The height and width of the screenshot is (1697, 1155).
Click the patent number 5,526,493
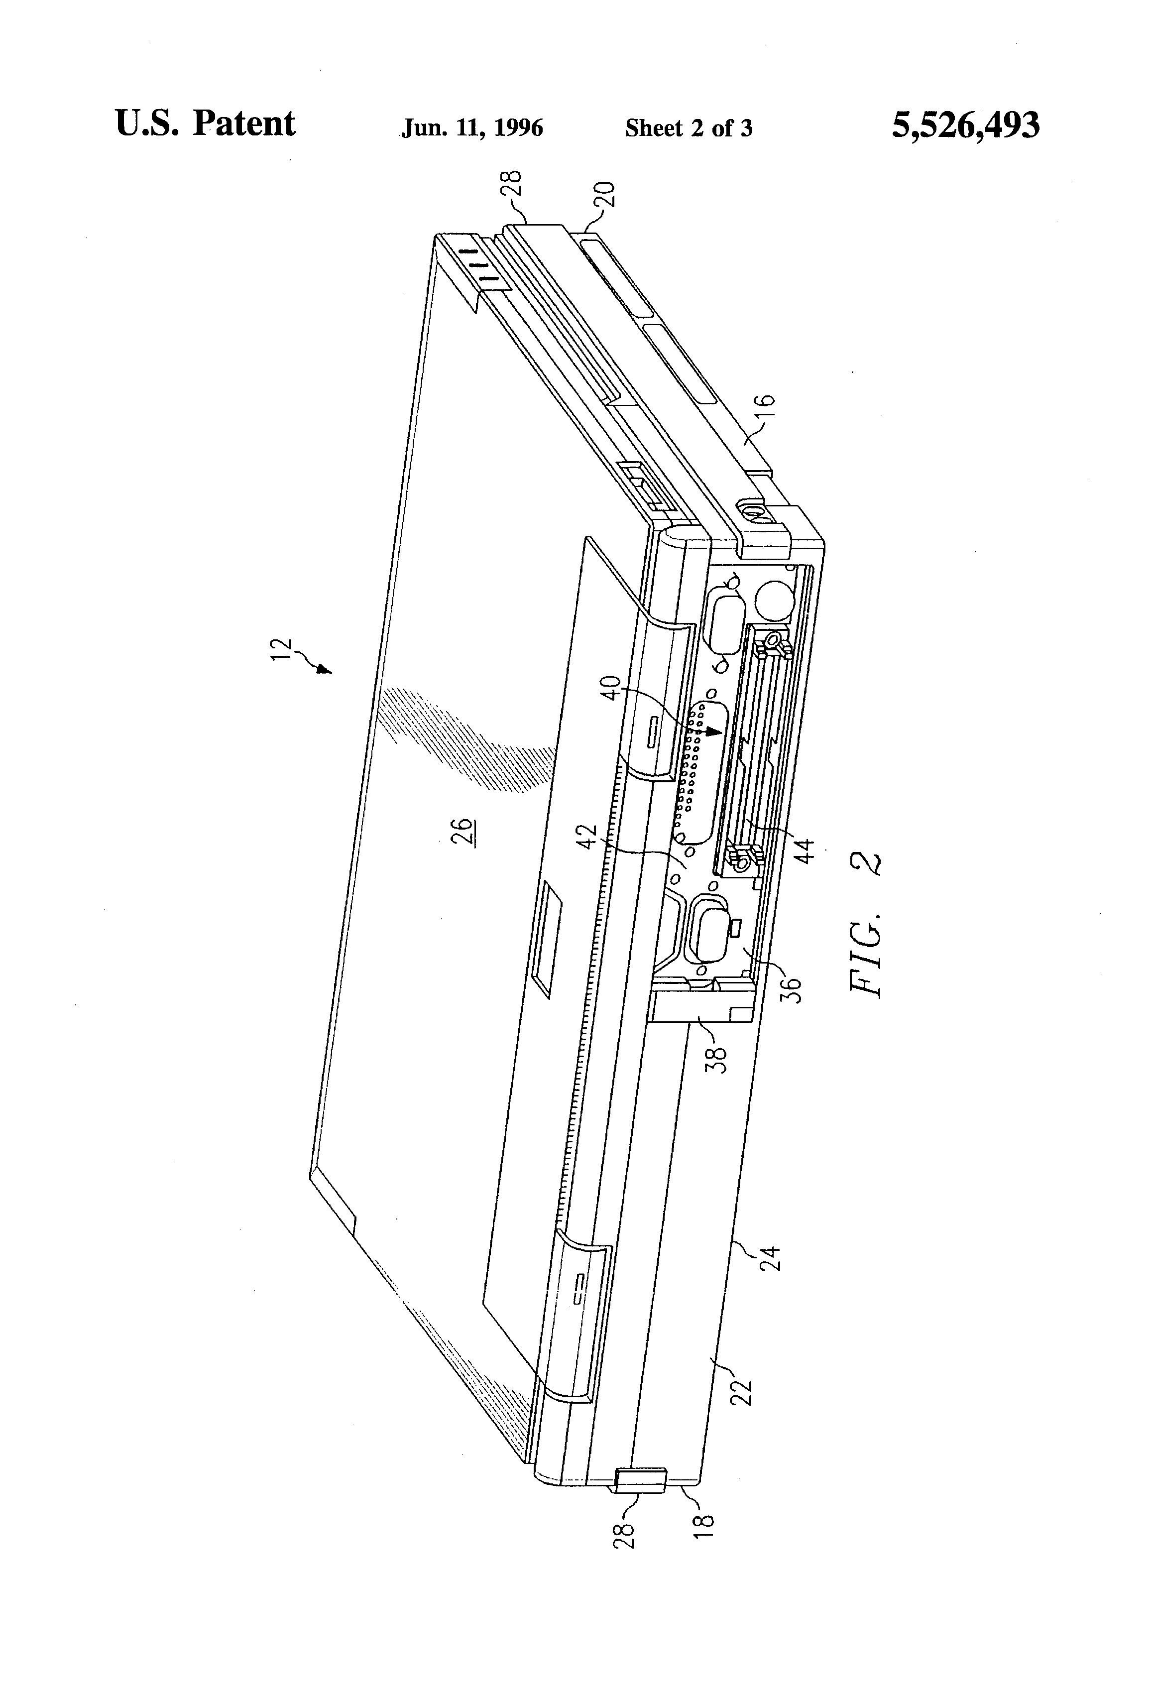click(x=965, y=125)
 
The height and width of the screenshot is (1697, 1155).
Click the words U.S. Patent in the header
click(x=205, y=123)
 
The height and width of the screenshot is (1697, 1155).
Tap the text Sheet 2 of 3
click(x=689, y=128)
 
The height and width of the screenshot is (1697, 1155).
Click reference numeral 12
click(x=282, y=650)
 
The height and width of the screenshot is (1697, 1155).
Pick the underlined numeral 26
click(x=463, y=832)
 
